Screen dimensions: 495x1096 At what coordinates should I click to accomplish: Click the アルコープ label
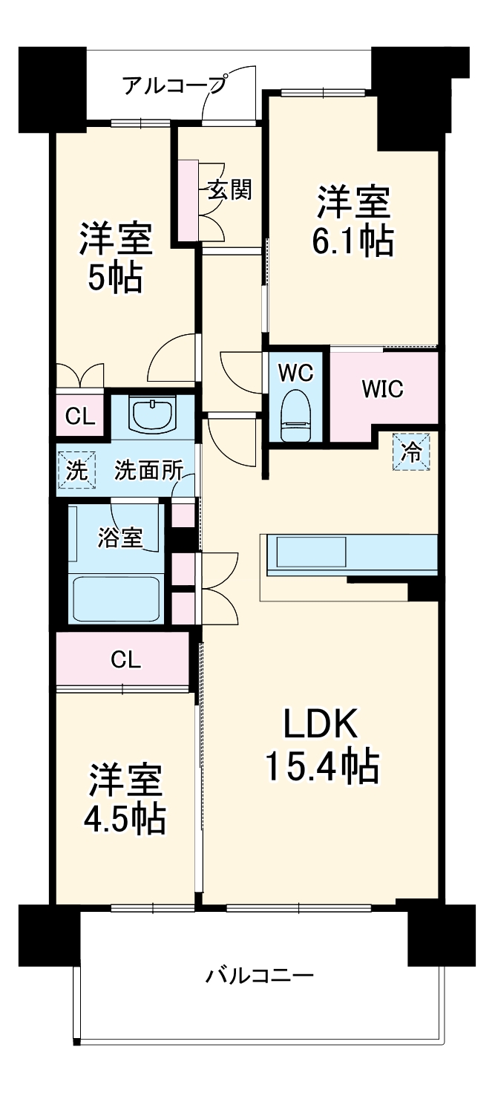[x=174, y=85]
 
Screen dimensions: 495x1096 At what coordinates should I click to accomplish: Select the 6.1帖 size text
[x=353, y=240]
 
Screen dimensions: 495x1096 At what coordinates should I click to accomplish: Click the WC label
[x=296, y=374]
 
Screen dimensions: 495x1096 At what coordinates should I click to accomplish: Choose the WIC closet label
[x=383, y=389]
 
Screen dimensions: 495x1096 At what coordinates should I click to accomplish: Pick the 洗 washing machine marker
[x=76, y=471]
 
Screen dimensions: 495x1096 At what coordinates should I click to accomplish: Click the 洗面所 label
[x=148, y=471]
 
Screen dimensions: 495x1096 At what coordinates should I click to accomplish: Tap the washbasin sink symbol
[x=152, y=414]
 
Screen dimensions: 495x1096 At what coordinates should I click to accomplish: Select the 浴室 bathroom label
[x=119, y=538]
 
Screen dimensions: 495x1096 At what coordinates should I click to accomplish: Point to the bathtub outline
[x=117, y=599]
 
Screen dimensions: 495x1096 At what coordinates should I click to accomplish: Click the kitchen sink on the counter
[x=312, y=550]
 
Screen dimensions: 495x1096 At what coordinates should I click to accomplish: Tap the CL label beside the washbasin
[x=80, y=417]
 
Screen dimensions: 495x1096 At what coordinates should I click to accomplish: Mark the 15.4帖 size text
[x=322, y=767]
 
